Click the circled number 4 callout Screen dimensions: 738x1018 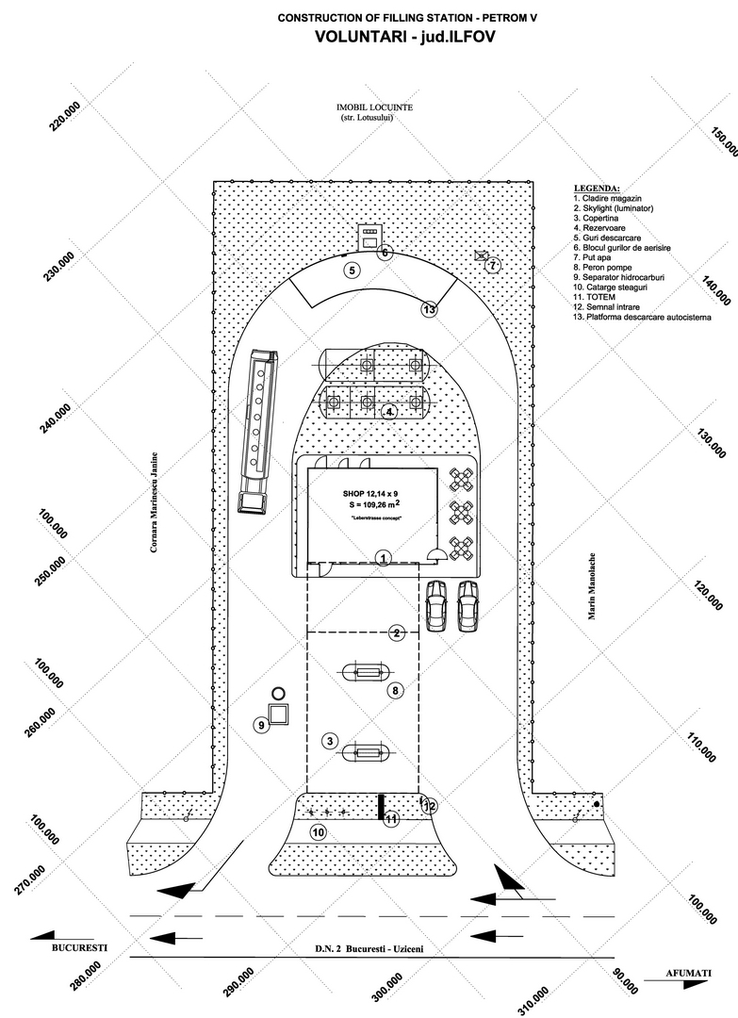tap(389, 412)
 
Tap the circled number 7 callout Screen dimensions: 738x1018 tap(493, 265)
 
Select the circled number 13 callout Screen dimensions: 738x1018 tap(429, 310)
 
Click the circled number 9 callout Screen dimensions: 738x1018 tap(262, 725)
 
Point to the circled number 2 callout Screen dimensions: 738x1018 tap(397, 633)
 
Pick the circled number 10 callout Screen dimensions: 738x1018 tap(318, 832)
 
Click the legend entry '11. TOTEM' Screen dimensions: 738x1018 tap(594, 297)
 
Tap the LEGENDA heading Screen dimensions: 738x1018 tap(597, 189)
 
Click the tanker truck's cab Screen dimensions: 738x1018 tap(254, 502)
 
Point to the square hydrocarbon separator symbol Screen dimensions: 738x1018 tap(279, 714)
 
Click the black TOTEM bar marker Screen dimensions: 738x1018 tap(381, 807)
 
